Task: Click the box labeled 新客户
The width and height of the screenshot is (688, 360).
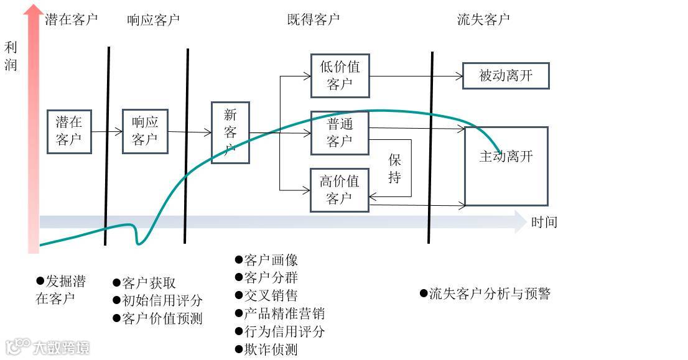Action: (230, 132)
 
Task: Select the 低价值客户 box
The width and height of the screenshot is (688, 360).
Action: (340, 75)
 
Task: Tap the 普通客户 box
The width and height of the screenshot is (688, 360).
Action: (340, 132)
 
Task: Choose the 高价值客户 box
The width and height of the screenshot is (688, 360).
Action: (340, 190)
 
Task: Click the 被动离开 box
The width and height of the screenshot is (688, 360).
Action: (506, 76)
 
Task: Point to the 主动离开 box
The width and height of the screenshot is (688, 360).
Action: (506, 166)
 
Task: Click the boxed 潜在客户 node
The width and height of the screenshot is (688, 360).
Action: (69, 131)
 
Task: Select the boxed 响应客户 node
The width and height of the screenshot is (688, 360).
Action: (145, 131)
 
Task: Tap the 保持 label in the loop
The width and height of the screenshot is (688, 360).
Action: (395, 168)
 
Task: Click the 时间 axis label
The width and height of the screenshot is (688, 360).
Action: (544, 223)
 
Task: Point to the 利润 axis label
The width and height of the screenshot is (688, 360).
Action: (11, 56)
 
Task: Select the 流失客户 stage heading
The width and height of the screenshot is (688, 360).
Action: (483, 19)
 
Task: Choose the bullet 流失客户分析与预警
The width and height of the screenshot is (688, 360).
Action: (486, 293)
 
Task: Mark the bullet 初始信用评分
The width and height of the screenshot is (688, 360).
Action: (158, 301)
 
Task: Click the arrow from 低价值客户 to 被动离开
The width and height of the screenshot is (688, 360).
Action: (416, 76)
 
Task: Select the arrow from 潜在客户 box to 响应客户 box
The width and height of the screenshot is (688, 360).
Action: (107, 132)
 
